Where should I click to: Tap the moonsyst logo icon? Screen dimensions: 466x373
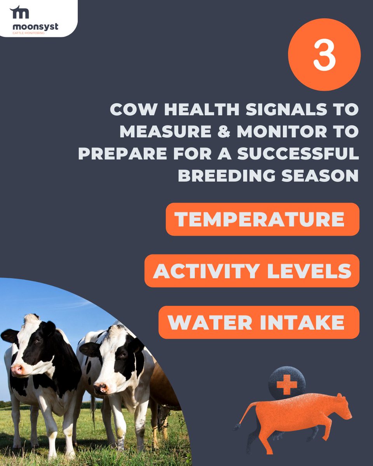(19, 12)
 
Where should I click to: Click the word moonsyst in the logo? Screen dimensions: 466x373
(35, 26)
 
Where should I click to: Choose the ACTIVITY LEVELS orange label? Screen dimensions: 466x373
(252, 271)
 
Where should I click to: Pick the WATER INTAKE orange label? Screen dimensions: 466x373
(259, 322)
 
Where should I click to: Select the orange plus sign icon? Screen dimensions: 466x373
(287, 385)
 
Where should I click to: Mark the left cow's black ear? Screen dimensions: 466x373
(9, 335)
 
